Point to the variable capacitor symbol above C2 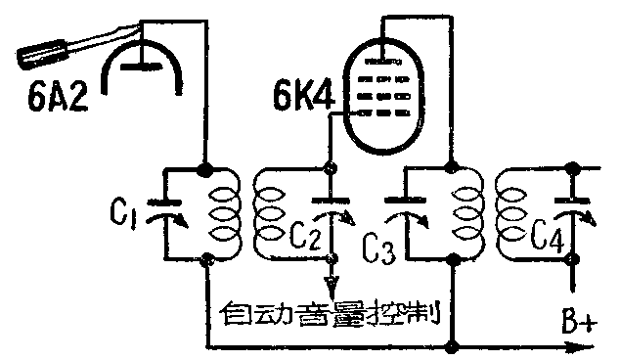(x=334, y=209)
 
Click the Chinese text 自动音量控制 (x=328, y=316)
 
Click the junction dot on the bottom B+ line (x=451, y=345)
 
